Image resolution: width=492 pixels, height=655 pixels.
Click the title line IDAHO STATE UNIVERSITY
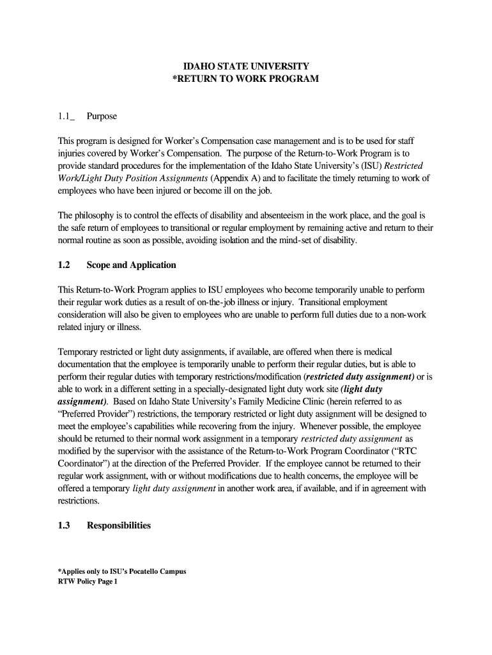click(245, 66)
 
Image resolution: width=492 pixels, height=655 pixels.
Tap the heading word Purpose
click(102, 117)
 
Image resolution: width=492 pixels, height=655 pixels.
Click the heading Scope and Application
click(131, 265)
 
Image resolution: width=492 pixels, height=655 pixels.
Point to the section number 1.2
click(63, 265)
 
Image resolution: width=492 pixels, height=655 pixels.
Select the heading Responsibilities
click(119, 526)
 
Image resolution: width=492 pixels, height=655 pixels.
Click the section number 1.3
click(63, 526)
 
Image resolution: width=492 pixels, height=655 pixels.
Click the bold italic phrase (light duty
click(362, 389)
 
